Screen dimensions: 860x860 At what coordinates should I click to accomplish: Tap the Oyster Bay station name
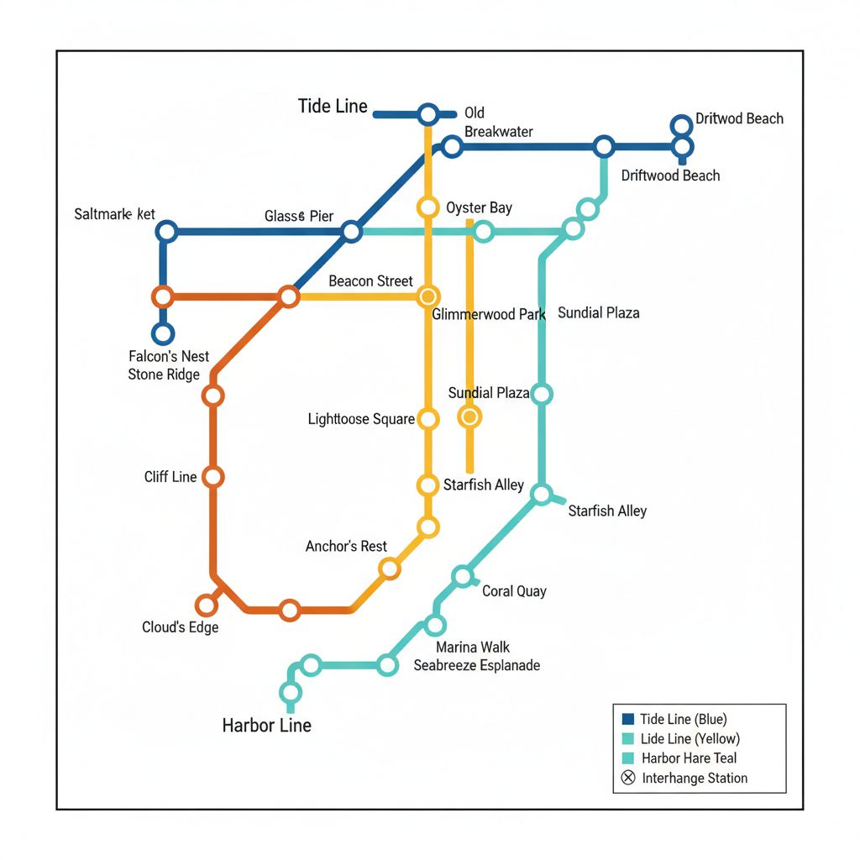click(x=479, y=208)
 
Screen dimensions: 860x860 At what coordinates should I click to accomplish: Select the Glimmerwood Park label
click(x=488, y=315)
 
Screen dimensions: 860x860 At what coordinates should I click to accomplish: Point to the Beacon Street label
click(x=370, y=281)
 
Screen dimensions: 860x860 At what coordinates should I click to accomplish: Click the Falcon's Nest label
click(x=169, y=356)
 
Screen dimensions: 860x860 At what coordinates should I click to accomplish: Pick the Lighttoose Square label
click(x=361, y=418)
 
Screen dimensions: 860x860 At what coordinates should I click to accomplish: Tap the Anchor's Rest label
click(x=346, y=547)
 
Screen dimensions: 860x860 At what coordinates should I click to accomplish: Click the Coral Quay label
click(x=514, y=591)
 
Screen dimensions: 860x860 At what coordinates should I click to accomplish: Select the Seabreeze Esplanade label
click(x=476, y=665)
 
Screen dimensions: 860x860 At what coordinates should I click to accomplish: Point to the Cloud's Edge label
click(x=180, y=627)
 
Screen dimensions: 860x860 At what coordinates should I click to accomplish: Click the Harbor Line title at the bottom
click(x=266, y=725)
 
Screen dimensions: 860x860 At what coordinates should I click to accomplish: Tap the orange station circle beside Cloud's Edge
click(x=206, y=606)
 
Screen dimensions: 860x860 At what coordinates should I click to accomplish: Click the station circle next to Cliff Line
click(x=213, y=477)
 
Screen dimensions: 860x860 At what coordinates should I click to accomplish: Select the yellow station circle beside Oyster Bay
click(x=428, y=207)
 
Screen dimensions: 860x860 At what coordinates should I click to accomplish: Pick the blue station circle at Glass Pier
click(x=353, y=232)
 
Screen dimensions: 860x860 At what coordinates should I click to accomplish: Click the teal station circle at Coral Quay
click(x=463, y=576)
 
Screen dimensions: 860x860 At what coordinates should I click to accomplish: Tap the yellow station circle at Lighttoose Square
click(x=428, y=418)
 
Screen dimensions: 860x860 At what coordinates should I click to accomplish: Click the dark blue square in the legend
click(x=627, y=719)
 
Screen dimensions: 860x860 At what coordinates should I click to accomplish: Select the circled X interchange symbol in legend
click(x=627, y=778)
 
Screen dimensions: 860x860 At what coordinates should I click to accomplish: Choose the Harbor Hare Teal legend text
click(x=689, y=758)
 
